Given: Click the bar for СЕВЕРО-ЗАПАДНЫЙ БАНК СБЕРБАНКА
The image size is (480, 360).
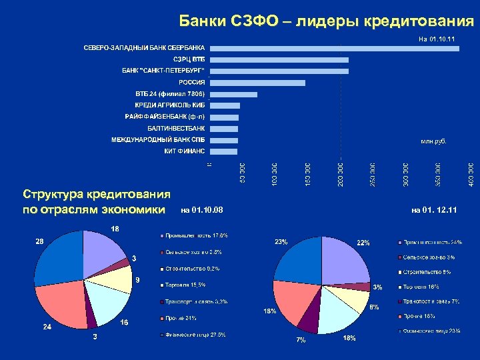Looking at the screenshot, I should point(333,48).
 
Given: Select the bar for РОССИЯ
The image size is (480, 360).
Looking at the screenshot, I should point(257,83).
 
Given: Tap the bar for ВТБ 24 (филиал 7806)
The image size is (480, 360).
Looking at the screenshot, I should point(233,94).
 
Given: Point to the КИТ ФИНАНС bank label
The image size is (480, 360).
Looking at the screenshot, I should point(185,151).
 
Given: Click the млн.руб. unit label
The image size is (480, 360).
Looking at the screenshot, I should point(433,141).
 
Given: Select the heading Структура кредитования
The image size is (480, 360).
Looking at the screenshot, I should point(97,195).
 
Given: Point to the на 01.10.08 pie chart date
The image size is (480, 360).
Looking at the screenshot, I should point(202,211).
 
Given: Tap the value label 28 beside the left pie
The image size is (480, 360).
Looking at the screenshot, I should point(39,241).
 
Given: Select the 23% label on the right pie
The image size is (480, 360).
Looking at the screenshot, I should point(281,242).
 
